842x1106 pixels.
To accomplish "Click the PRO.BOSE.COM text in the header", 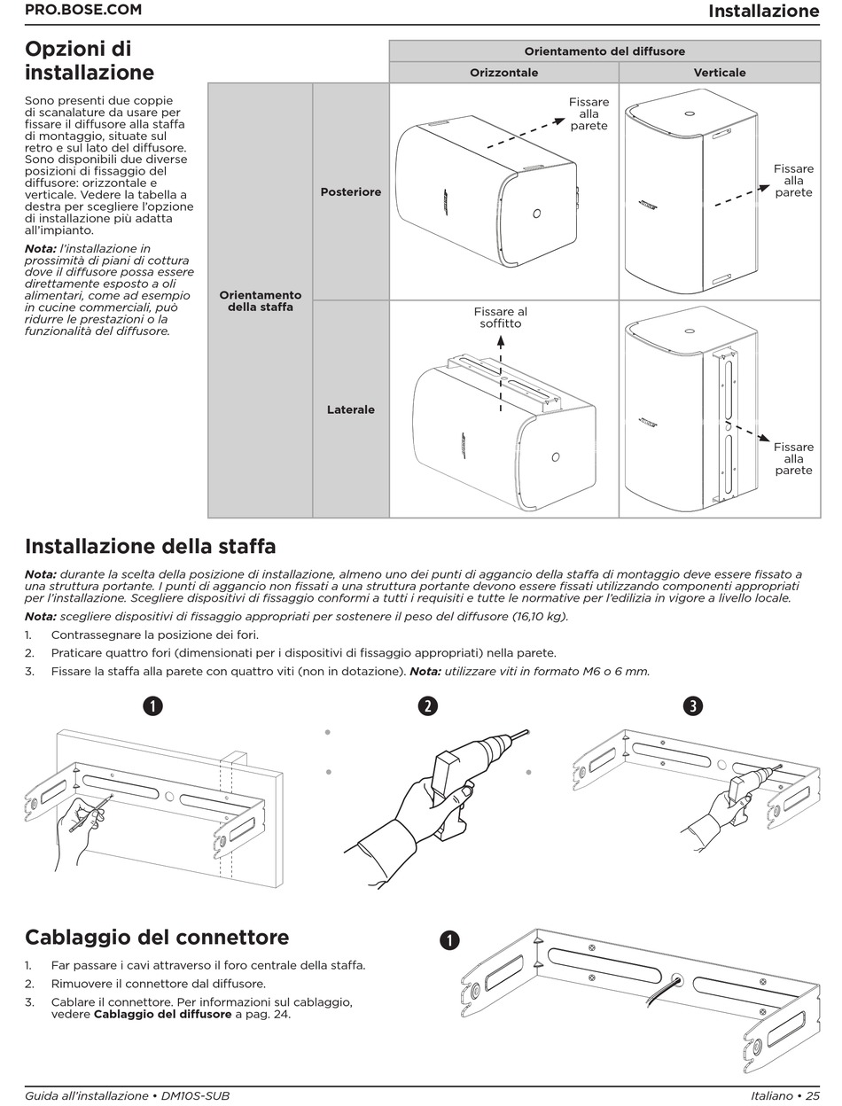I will pyautogui.click(x=82, y=11).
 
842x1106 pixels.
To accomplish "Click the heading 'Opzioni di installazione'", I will pyautogui.click(x=90, y=60).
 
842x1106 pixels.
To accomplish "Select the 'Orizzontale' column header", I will pyautogui.click(x=503, y=73).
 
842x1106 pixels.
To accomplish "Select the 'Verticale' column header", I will pyautogui.click(x=719, y=73).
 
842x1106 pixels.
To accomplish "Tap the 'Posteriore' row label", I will pyautogui.click(x=351, y=191).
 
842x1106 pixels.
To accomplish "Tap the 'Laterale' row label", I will pyautogui.click(x=351, y=409).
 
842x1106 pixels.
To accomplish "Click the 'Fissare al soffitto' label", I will pyautogui.click(x=500, y=317).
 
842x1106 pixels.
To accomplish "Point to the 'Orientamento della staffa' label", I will pyautogui.click(x=261, y=300).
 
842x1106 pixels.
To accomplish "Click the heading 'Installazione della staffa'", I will pyautogui.click(x=150, y=546).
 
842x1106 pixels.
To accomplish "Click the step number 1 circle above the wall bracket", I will pyautogui.click(x=154, y=705).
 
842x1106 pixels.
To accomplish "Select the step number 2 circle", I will pyautogui.click(x=428, y=705).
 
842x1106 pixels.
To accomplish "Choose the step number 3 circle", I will pyautogui.click(x=693, y=705).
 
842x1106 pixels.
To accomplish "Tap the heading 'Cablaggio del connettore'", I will pyautogui.click(x=157, y=937).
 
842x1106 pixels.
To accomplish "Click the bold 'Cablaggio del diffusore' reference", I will pyautogui.click(x=162, y=1014).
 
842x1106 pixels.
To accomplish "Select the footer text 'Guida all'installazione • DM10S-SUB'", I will pyautogui.click(x=127, y=1096).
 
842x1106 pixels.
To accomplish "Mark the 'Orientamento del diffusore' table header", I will pyautogui.click(x=604, y=51).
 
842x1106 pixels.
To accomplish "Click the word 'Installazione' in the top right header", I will pyautogui.click(x=763, y=12).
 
